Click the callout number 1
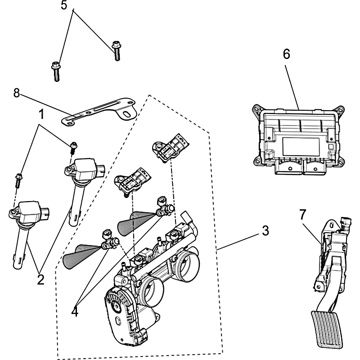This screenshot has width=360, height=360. coord(41,114)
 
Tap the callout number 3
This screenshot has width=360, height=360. coord(265,231)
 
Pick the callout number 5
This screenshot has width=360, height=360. coord(64,6)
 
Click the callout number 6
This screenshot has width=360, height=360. coord(287,54)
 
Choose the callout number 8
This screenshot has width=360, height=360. coord(17,93)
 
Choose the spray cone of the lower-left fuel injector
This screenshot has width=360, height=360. coord(79,256)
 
